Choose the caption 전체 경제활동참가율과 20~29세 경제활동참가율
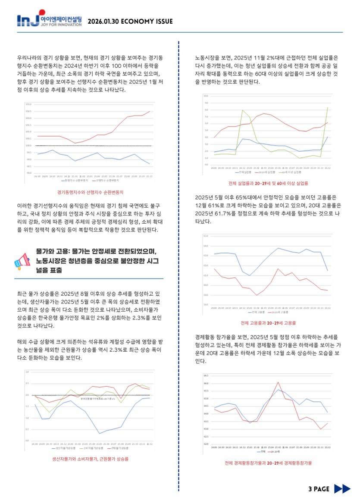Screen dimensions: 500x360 coord(268,463)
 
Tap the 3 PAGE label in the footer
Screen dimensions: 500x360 coord(319,489)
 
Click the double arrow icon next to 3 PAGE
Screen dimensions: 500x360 coord(342,489)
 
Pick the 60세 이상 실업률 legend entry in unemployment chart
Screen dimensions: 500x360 coord(288,172)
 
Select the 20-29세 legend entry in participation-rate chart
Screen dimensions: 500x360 coord(274,452)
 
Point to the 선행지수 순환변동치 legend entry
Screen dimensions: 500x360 coord(101,181)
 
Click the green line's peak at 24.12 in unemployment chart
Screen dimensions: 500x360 coord(242,110)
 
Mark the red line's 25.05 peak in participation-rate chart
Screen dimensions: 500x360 coord(278,382)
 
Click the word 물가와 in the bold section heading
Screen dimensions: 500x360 coord(45,251)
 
